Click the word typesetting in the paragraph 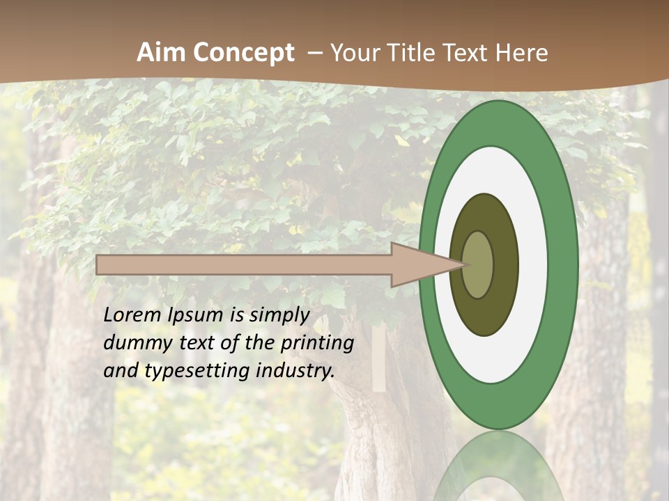[197, 372]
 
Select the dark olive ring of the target [484, 313]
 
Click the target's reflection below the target [498, 470]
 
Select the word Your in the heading [353, 53]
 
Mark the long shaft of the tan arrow [244, 264]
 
